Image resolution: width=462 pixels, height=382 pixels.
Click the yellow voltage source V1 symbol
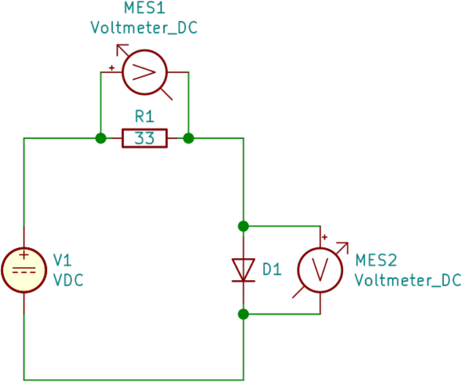click(x=24, y=269)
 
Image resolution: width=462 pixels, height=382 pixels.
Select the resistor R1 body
click(x=144, y=139)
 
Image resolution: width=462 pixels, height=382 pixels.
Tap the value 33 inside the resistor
click(x=144, y=139)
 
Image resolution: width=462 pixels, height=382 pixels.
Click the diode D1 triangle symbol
click(x=243, y=269)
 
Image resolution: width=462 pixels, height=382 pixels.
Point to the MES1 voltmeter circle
click(x=144, y=72)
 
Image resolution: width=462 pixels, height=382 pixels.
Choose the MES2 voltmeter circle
click(x=320, y=269)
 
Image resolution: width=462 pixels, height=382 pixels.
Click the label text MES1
click(x=144, y=9)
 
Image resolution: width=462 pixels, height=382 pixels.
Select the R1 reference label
click(x=144, y=117)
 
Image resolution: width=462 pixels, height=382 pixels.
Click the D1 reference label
click(x=271, y=269)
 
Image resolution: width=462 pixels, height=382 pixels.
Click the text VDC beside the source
click(x=68, y=280)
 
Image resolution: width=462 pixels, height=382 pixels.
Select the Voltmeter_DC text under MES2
click(x=408, y=280)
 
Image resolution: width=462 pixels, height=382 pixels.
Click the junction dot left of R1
click(x=101, y=138)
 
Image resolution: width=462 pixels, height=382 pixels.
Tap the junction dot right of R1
click(x=188, y=138)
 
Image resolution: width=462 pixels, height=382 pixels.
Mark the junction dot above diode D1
click(x=243, y=225)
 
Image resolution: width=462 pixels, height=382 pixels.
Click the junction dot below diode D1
click(x=243, y=314)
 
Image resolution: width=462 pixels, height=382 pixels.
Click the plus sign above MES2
click(x=325, y=237)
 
